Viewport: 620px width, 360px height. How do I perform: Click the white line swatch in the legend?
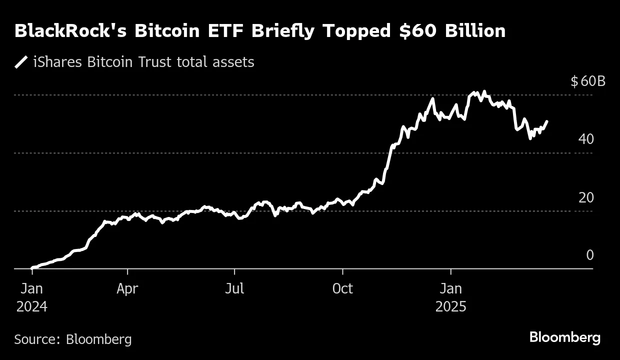(x=21, y=62)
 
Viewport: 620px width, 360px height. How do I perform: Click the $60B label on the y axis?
(x=587, y=81)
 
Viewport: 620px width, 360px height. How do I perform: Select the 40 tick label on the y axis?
(x=586, y=139)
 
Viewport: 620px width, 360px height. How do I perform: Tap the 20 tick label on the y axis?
(x=586, y=197)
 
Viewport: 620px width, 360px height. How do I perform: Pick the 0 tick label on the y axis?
(x=589, y=255)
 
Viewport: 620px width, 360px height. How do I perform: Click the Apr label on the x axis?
(x=127, y=289)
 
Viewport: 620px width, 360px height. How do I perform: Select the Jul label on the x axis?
(x=234, y=289)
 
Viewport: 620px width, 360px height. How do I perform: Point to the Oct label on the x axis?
(x=342, y=289)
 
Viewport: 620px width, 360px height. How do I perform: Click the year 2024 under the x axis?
(x=31, y=306)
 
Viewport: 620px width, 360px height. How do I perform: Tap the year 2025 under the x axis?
(x=451, y=306)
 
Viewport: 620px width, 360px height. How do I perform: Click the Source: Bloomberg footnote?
(x=73, y=339)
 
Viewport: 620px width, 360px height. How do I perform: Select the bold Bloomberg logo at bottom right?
(x=565, y=337)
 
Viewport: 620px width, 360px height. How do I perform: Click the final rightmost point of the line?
(x=547, y=121)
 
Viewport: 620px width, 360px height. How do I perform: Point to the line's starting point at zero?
(x=32, y=268)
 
